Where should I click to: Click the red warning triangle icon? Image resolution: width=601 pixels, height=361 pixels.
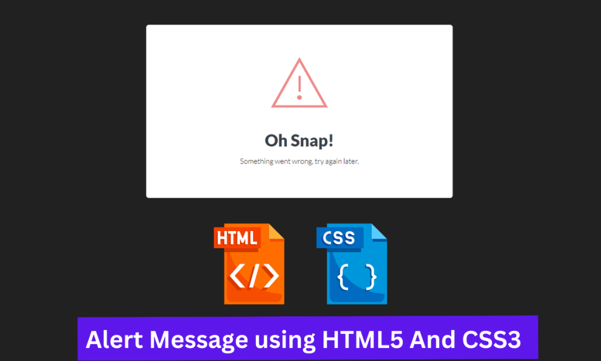coord(299,85)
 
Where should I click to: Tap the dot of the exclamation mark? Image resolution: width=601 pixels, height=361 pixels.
coord(299,98)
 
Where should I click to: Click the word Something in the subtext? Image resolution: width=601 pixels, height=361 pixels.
coord(257,161)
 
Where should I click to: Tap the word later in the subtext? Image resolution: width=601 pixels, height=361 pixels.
coord(350,161)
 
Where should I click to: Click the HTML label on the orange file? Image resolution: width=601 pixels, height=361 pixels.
coord(237,238)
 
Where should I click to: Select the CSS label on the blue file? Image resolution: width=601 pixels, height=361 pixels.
coord(339,238)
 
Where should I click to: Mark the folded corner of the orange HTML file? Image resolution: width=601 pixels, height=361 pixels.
coord(276,232)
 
